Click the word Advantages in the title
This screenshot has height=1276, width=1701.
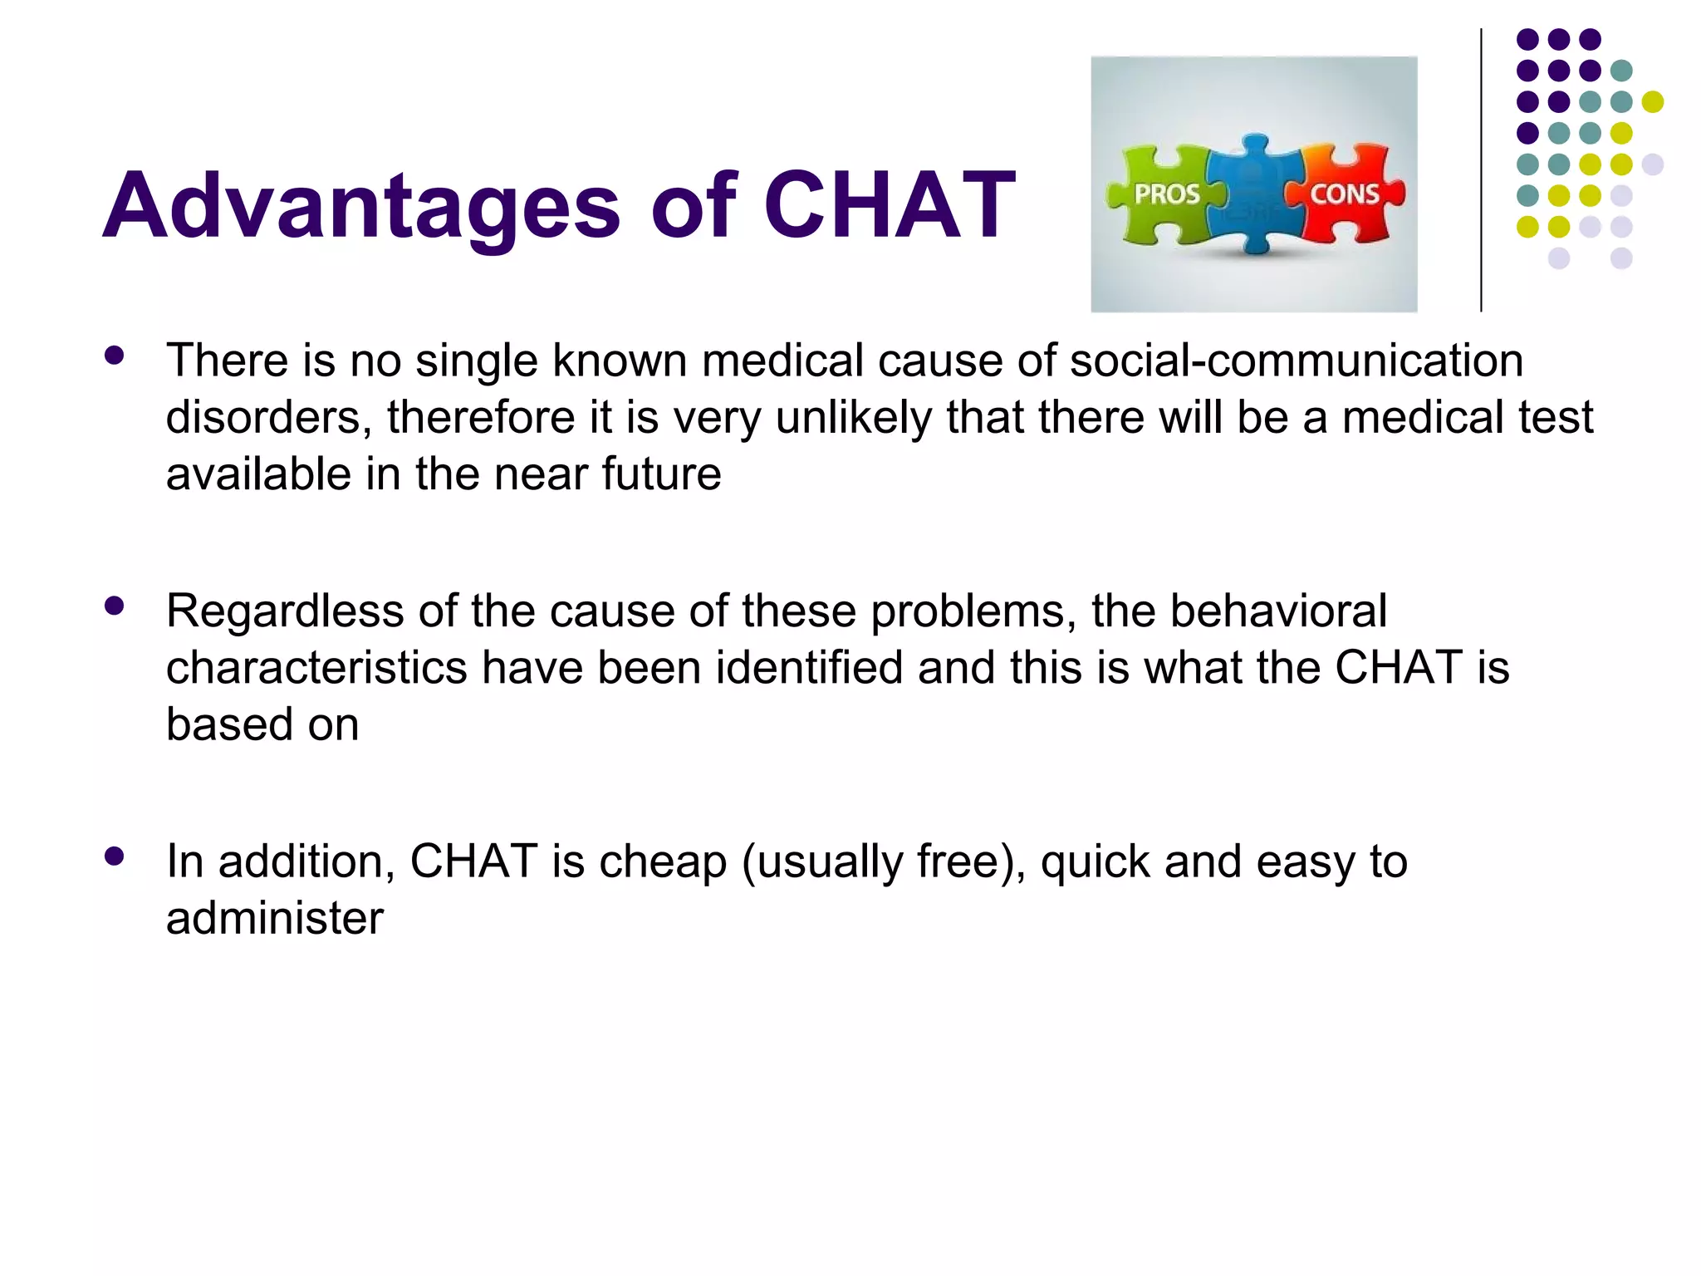[360, 206]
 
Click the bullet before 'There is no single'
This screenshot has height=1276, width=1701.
[115, 356]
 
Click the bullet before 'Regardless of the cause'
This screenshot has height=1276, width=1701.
[115, 606]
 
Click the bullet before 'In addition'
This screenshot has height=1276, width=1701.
[115, 856]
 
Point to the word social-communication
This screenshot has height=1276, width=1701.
[1296, 361]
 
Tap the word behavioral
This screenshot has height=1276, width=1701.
[1278, 611]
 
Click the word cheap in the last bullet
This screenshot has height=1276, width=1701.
[662, 861]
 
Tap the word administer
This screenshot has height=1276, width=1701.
[274, 918]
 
